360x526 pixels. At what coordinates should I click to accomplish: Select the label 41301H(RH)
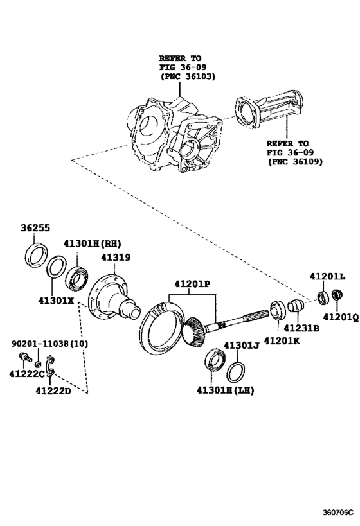(x=92, y=243)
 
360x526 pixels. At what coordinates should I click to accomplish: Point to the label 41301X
(x=56, y=299)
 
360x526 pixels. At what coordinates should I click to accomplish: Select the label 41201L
(x=327, y=277)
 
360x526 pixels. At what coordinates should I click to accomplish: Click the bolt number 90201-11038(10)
(x=50, y=344)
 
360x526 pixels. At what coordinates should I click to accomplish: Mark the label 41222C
(x=26, y=374)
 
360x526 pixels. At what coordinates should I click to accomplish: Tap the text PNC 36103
(x=187, y=76)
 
